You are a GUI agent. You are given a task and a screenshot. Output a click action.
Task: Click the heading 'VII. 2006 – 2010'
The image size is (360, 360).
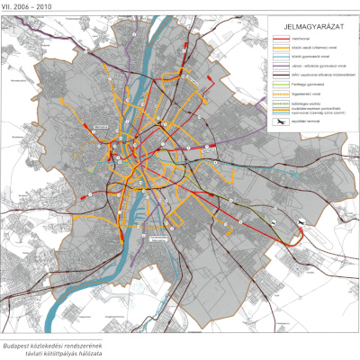pyautogui.click(x=27, y=4)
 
